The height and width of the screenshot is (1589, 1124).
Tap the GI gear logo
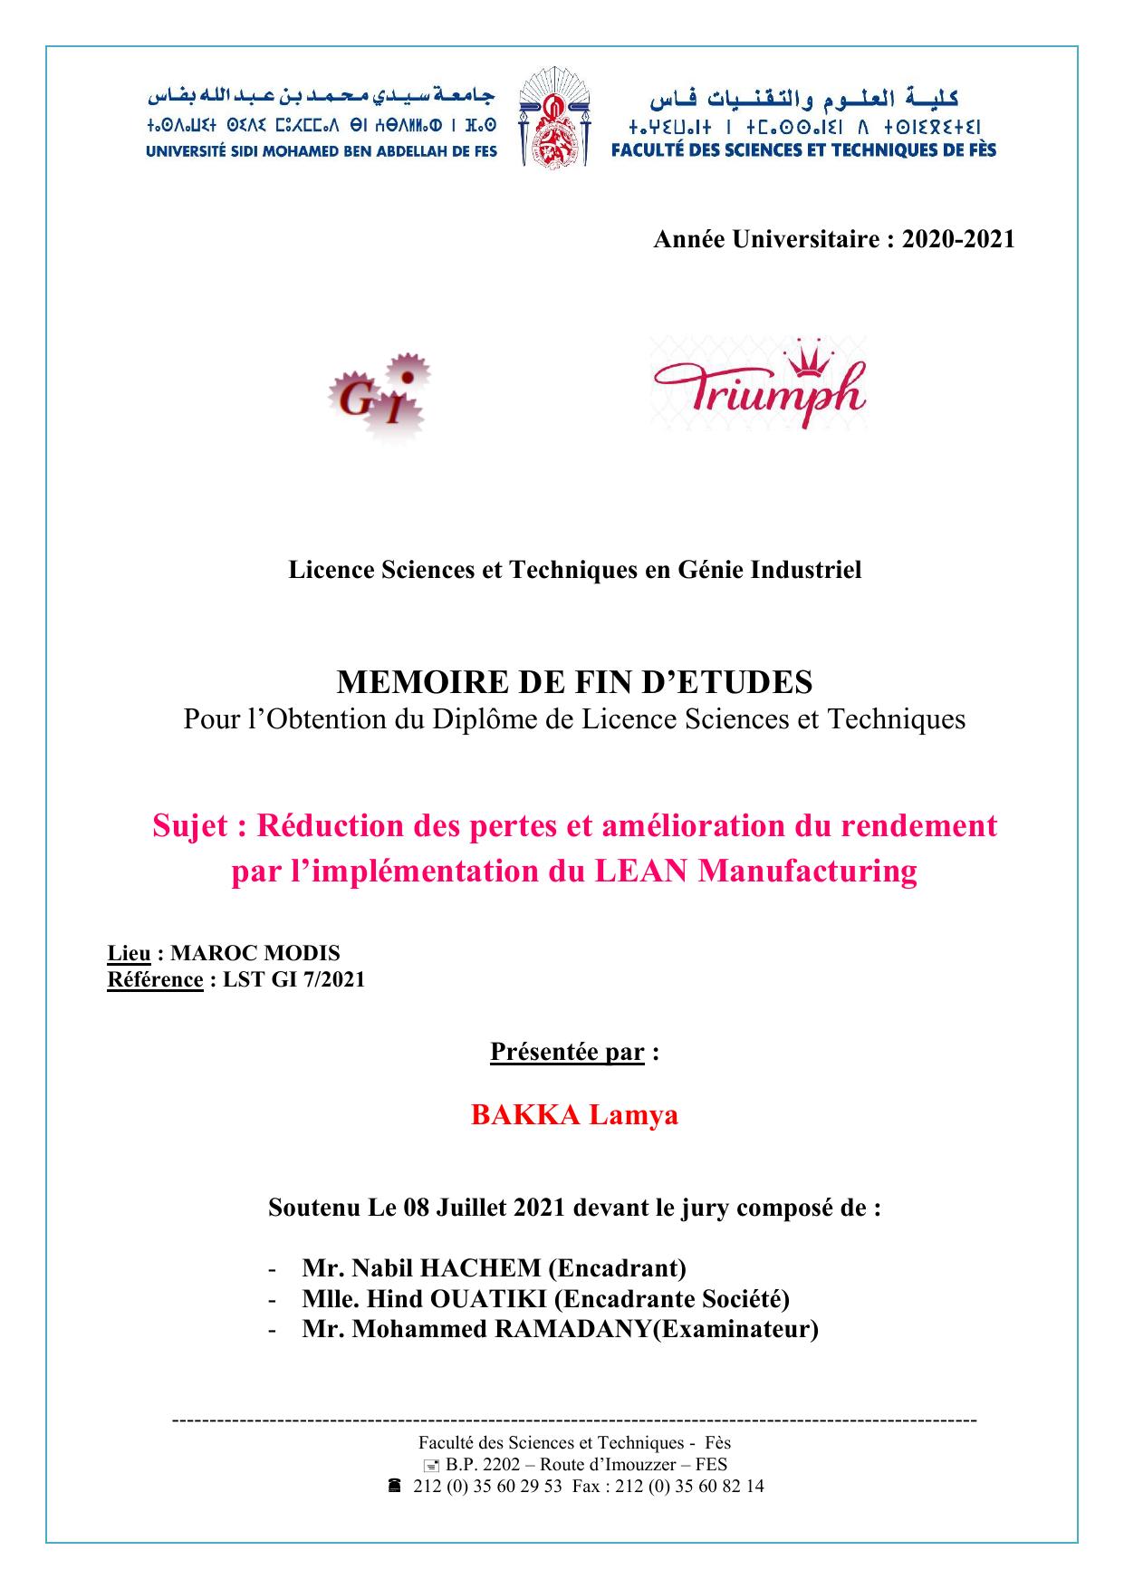(x=378, y=397)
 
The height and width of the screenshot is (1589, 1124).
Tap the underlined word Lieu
(x=129, y=954)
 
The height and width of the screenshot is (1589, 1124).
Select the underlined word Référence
(x=155, y=979)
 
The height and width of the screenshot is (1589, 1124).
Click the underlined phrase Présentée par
(x=567, y=1052)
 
